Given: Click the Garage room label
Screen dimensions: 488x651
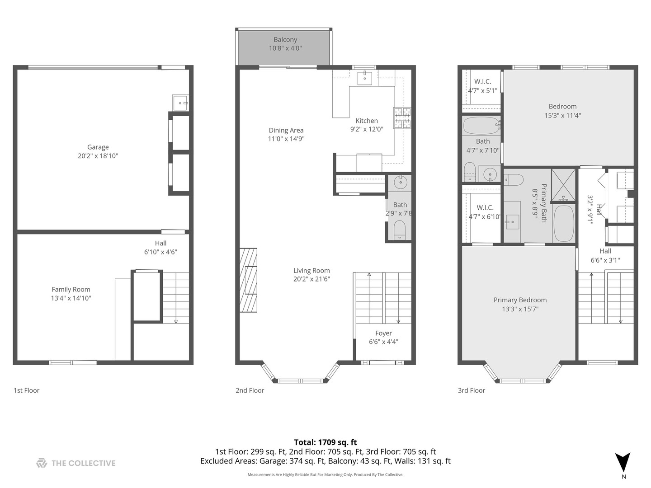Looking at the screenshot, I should (x=98, y=147).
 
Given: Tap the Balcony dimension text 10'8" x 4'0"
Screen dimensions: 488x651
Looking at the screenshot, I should (x=285, y=48).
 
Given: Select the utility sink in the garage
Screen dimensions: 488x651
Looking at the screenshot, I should (x=179, y=103).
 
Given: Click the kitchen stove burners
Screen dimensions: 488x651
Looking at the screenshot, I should (x=402, y=118).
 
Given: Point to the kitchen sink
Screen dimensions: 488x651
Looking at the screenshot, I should (x=364, y=78).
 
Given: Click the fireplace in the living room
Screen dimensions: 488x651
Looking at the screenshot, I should (x=248, y=280).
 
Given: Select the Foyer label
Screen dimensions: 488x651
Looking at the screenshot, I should (x=383, y=333).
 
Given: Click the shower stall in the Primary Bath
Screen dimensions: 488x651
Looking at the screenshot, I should (x=563, y=184).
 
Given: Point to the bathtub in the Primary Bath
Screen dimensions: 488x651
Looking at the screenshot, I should (x=563, y=224).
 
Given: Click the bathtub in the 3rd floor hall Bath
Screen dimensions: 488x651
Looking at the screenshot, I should (x=481, y=125).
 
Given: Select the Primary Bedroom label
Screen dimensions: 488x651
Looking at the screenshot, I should (x=520, y=300).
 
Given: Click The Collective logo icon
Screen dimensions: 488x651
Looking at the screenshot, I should (x=42, y=463).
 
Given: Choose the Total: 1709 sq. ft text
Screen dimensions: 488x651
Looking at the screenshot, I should (x=325, y=442).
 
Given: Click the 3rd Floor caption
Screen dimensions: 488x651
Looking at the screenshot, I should (x=471, y=390).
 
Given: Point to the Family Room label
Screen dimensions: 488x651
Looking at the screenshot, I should (x=71, y=289).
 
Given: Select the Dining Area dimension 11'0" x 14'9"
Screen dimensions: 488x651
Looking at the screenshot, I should (x=286, y=139).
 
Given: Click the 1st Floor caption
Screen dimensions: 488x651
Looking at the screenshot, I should (x=26, y=390).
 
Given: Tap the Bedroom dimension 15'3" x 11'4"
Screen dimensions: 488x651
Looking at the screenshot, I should (x=562, y=115).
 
